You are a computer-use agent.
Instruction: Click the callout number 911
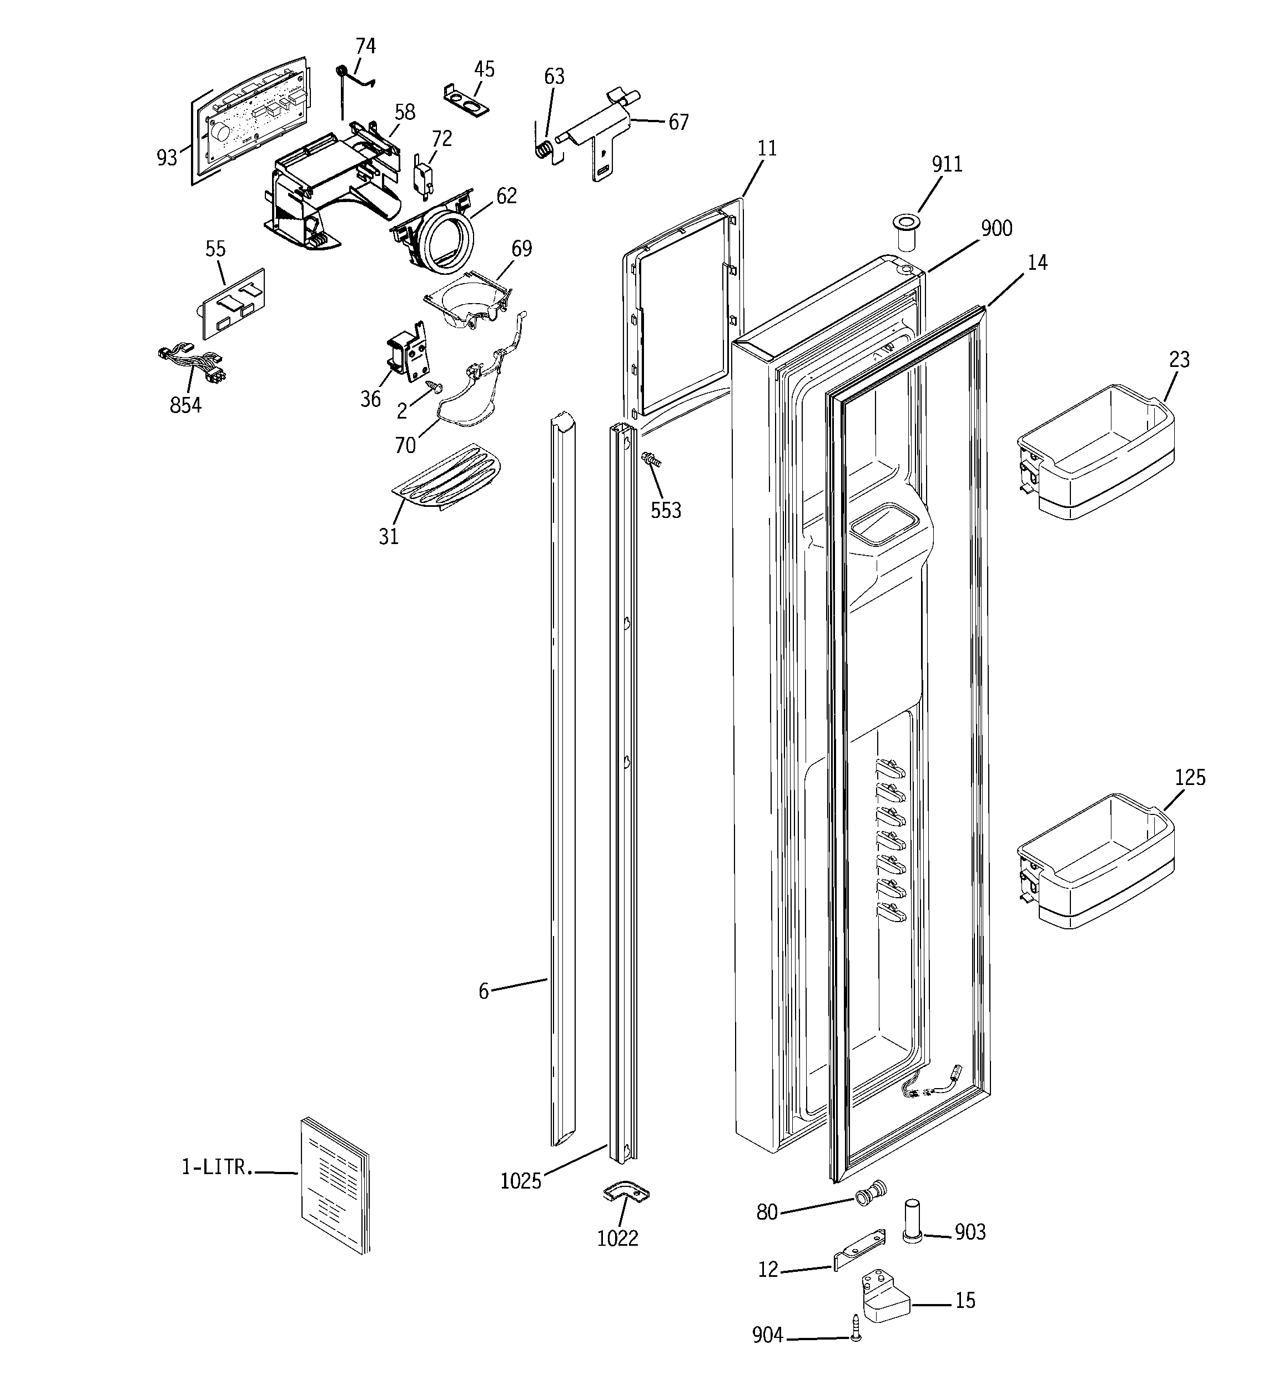(x=947, y=164)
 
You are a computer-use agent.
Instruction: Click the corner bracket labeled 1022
(x=626, y=1192)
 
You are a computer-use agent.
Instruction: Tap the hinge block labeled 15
(x=882, y=1301)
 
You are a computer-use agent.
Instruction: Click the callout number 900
(x=996, y=228)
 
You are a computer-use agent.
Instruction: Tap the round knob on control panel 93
(x=220, y=133)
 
